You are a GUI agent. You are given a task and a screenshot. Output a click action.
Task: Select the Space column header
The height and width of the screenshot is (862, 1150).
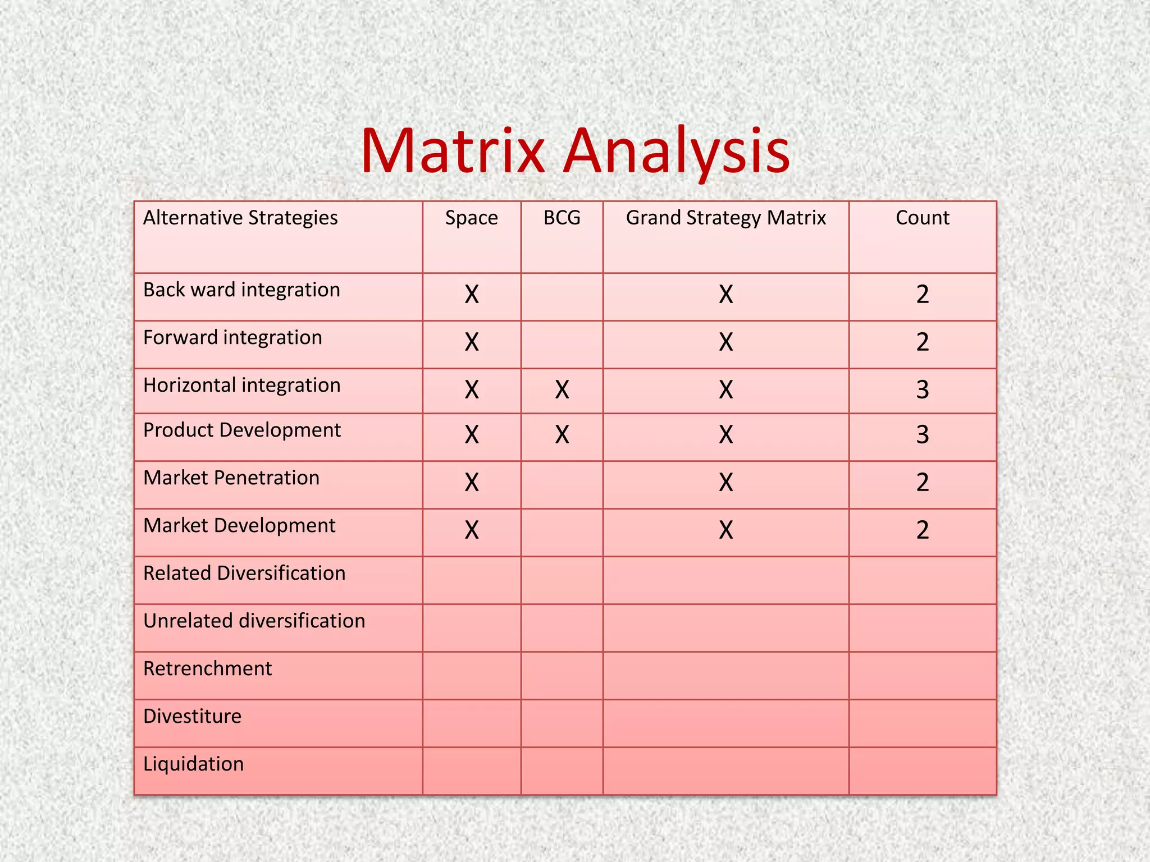(x=471, y=218)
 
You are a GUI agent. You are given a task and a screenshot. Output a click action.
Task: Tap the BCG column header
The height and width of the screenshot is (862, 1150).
(x=562, y=218)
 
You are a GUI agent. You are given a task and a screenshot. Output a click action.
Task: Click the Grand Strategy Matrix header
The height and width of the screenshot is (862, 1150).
(x=725, y=218)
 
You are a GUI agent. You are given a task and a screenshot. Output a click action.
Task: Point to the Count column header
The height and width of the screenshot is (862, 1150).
(x=922, y=218)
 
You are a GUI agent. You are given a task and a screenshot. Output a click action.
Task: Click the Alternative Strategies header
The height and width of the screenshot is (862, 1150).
(x=240, y=218)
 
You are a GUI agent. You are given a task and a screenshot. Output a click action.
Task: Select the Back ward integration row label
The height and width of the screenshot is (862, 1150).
(x=241, y=290)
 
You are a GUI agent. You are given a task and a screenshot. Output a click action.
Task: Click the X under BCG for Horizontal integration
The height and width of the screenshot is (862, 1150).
(x=562, y=389)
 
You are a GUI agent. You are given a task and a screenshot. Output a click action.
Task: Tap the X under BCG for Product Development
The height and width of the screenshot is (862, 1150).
(x=562, y=434)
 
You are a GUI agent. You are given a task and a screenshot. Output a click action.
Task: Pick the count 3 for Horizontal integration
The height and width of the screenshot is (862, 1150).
(x=922, y=389)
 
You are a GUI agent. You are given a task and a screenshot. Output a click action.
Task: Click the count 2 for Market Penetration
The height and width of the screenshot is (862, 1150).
(x=922, y=482)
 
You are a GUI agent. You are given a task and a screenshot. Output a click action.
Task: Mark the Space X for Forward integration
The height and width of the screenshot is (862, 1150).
(x=471, y=342)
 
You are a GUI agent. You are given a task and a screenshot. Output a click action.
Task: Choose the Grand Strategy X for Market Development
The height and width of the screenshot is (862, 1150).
(x=725, y=530)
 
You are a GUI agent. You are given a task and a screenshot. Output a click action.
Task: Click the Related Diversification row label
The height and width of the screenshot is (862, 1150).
(x=244, y=574)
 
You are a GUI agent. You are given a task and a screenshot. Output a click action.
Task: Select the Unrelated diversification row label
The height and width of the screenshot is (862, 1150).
(x=254, y=621)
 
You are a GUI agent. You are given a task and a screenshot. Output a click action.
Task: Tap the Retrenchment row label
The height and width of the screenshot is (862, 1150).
(x=207, y=669)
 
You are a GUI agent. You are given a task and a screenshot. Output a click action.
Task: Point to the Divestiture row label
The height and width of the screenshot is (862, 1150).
(x=192, y=717)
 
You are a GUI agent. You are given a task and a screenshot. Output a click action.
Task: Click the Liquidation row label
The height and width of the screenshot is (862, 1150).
(x=193, y=764)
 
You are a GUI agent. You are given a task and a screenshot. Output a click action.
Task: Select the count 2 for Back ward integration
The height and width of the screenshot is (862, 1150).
(x=922, y=294)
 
